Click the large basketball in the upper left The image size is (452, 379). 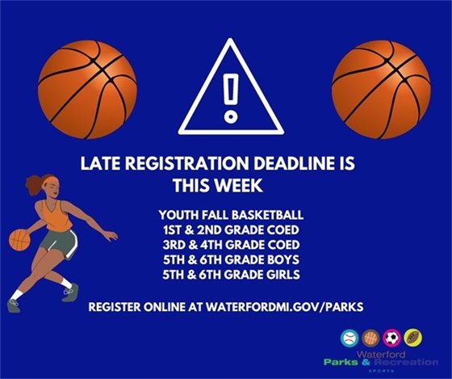tap(88, 84)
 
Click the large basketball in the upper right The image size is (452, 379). tap(380, 84)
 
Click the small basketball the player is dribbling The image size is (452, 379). tap(19, 240)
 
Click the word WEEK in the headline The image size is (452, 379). tap(239, 185)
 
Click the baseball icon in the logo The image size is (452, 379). tap(350, 337)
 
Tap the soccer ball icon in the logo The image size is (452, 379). tap(394, 337)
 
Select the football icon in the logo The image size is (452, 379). tap(415, 337)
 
